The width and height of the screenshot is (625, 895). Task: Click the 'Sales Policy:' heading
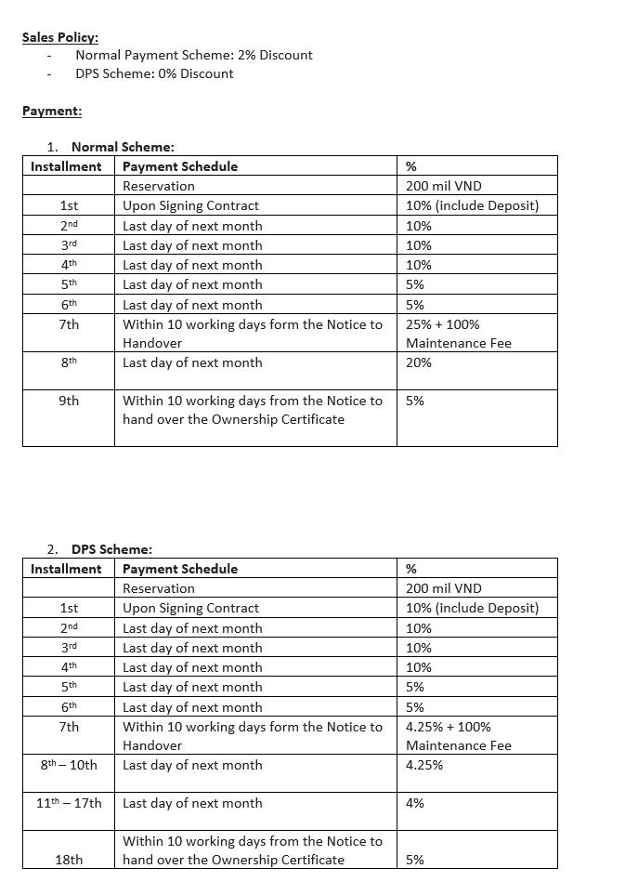point(60,37)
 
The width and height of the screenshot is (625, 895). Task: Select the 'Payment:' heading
point(52,111)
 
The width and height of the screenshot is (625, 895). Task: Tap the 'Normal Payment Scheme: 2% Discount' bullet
point(194,55)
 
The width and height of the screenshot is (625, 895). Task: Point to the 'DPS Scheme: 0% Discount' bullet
point(154,73)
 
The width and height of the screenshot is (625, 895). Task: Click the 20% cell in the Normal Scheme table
point(419,362)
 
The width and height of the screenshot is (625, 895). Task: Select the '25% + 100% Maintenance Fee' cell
point(458,334)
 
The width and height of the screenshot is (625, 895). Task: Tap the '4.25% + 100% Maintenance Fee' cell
point(458,736)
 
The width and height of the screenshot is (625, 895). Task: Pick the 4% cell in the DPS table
point(415,803)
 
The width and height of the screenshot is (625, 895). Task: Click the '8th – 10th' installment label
point(69,765)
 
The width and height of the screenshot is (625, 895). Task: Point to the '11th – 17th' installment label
point(69,803)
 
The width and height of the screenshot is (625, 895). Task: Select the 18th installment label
point(69,860)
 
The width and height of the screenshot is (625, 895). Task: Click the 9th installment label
point(69,401)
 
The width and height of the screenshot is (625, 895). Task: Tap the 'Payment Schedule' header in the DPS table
point(180,569)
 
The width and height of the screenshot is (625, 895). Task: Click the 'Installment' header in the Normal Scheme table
point(66,166)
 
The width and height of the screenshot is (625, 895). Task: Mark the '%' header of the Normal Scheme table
point(411,166)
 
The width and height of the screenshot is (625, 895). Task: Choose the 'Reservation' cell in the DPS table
point(159,588)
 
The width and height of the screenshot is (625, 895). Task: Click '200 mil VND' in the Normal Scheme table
point(444,186)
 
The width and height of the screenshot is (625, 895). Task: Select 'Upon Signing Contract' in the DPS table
point(190,608)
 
